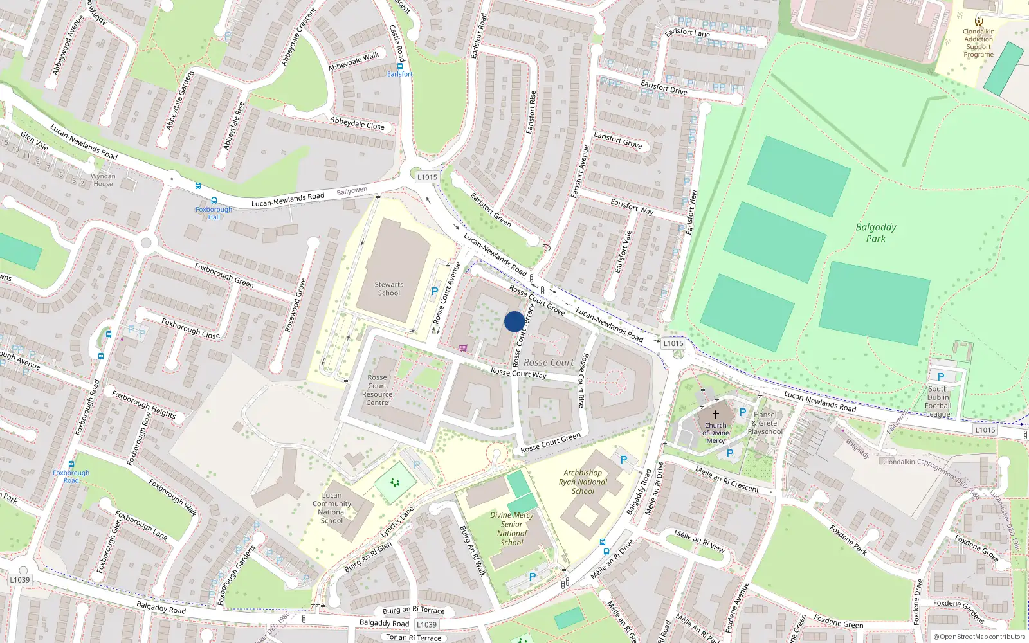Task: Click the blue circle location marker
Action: click(514, 321)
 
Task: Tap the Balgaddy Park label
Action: click(875, 233)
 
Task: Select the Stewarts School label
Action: click(388, 289)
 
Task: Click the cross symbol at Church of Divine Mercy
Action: click(715, 415)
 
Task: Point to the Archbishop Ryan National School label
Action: click(583, 482)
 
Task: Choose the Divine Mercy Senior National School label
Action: click(512, 529)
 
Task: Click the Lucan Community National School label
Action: click(332, 508)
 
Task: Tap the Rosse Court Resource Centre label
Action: click(378, 390)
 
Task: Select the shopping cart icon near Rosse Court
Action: click(463, 349)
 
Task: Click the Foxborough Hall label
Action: click(214, 213)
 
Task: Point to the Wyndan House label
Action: click(103, 179)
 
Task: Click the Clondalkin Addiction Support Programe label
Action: click(978, 43)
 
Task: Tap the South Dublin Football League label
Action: click(938, 401)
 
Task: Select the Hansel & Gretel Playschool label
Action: click(765, 423)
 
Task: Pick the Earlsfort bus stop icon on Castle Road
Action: click(400, 66)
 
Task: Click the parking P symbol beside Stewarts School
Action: click(435, 291)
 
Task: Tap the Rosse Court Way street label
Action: click(518, 373)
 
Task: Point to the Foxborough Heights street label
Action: click(143, 404)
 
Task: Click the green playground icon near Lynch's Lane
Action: click(395, 483)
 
